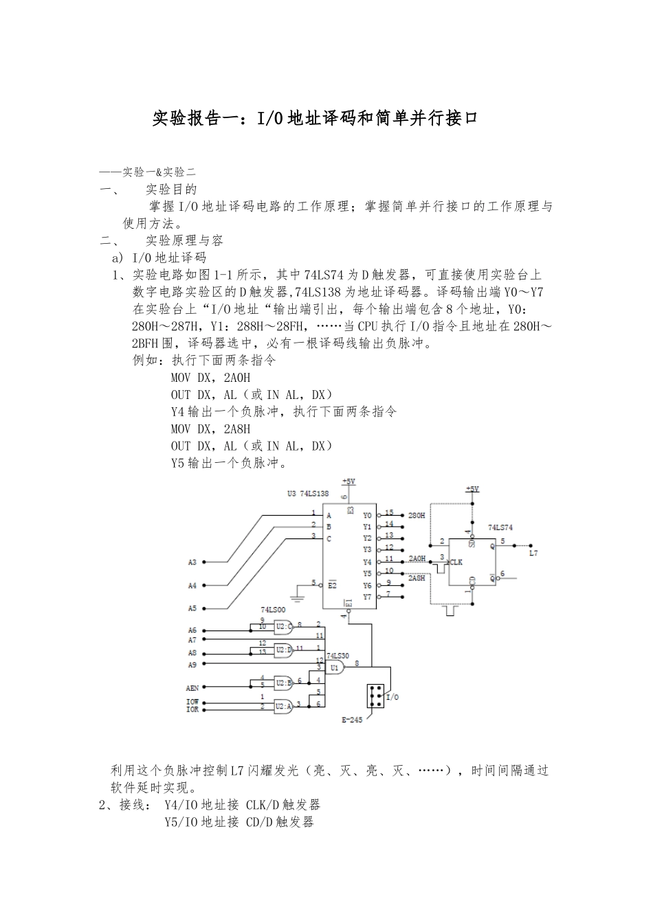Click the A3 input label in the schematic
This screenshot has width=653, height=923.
click(192, 562)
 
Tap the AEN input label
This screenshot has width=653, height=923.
click(192, 687)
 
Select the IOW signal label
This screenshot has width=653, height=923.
click(192, 702)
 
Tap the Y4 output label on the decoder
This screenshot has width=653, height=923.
click(367, 562)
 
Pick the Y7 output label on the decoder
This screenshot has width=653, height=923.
click(367, 597)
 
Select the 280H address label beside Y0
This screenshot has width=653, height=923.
click(417, 515)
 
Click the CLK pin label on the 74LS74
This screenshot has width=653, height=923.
click(456, 562)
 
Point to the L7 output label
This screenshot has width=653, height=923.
click(533, 552)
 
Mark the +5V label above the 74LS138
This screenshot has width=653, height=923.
click(348, 481)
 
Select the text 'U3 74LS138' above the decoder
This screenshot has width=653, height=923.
click(308, 493)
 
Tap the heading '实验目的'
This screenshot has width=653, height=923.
click(172, 189)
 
